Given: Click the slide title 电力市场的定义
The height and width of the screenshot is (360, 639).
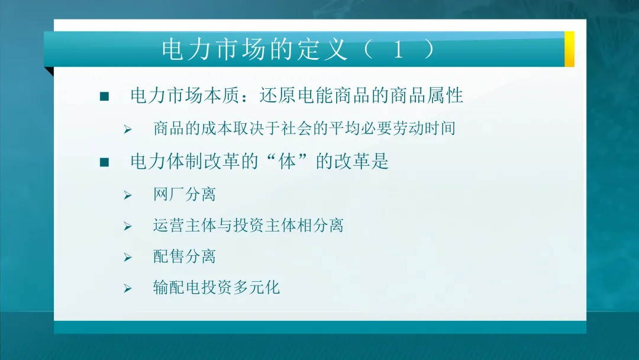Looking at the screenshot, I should tap(255, 50).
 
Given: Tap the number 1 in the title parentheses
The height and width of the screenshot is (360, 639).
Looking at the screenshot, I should tap(398, 50).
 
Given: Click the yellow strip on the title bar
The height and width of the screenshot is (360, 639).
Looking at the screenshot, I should tap(569, 49).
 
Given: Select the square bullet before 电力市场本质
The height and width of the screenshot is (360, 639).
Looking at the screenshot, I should tap(105, 97).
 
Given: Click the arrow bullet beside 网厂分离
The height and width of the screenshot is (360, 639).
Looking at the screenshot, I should tap(127, 195).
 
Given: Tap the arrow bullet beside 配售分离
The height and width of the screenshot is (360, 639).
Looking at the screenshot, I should tap(127, 257).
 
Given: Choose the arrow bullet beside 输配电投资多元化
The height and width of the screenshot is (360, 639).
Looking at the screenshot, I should tap(127, 289).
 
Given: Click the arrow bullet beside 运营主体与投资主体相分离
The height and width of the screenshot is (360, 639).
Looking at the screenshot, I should tap(127, 226).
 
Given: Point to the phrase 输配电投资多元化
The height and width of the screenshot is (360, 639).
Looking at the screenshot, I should tap(216, 288).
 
